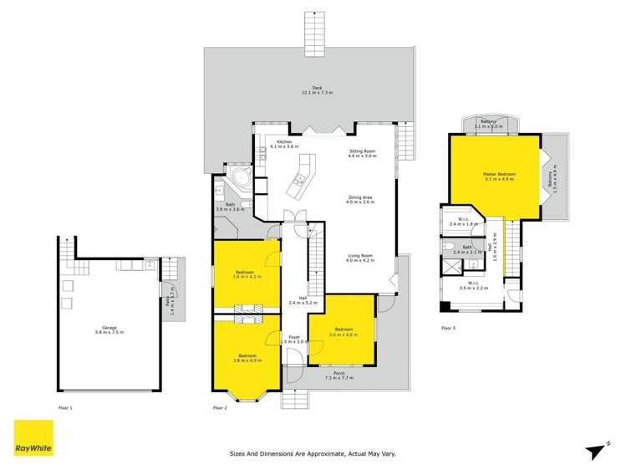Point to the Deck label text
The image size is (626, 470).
pos(317,89)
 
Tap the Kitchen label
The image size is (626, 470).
pos(284,144)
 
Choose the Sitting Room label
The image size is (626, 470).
pos(362,154)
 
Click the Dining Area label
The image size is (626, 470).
pos(362,199)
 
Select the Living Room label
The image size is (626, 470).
pos(361,258)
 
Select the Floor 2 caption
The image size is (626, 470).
pos(220,407)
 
